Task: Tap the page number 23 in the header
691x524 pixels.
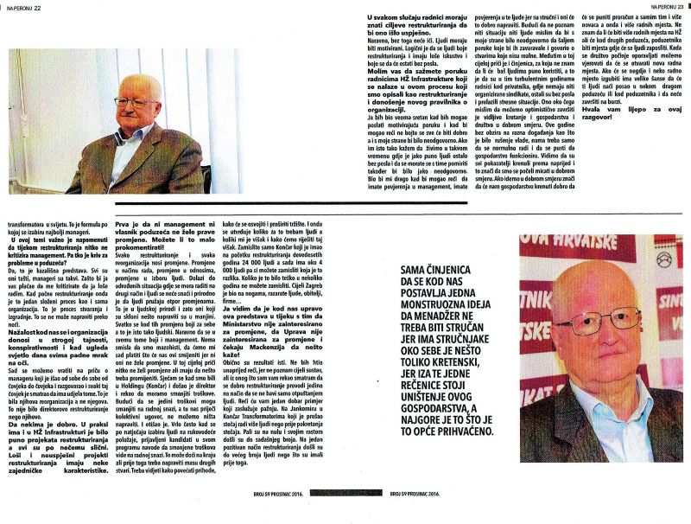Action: click(x=678, y=6)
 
